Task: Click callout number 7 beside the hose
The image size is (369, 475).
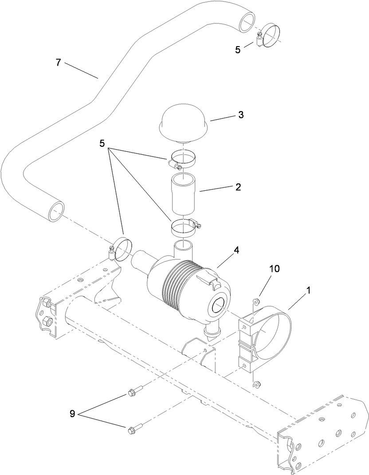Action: [x=58, y=63]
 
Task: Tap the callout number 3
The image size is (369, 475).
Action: [x=241, y=115]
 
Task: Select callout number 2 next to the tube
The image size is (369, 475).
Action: [x=238, y=187]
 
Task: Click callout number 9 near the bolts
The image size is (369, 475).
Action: [x=72, y=414]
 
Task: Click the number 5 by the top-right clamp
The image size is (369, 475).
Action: [x=238, y=50]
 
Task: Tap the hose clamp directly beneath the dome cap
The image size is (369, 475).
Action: [x=183, y=160]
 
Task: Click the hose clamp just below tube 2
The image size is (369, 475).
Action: [x=184, y=228]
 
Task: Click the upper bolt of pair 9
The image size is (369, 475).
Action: [x=133, y=392]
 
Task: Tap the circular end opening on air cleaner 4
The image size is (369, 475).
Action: [x=220, y=306]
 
